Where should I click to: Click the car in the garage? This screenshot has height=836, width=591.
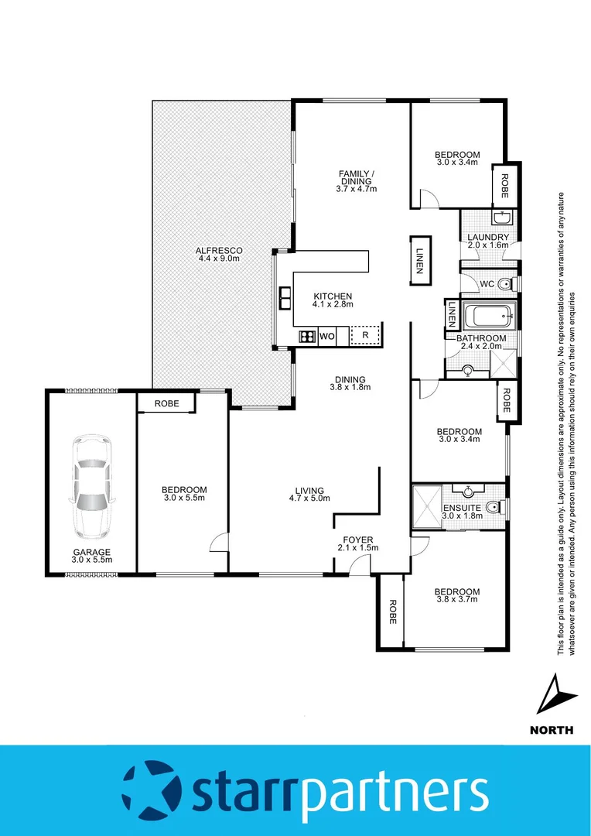(91, 488)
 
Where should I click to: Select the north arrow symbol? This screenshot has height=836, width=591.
(552, 694)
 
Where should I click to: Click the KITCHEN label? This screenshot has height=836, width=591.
(333, 296)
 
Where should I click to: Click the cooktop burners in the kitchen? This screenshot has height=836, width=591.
(306, 336)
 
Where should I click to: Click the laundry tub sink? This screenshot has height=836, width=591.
(501, 218)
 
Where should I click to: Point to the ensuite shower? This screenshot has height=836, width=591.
(427, 506)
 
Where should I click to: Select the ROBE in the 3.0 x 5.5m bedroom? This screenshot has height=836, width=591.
(166, 403)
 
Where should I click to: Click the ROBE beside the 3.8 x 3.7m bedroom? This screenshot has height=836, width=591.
(392, 612)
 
